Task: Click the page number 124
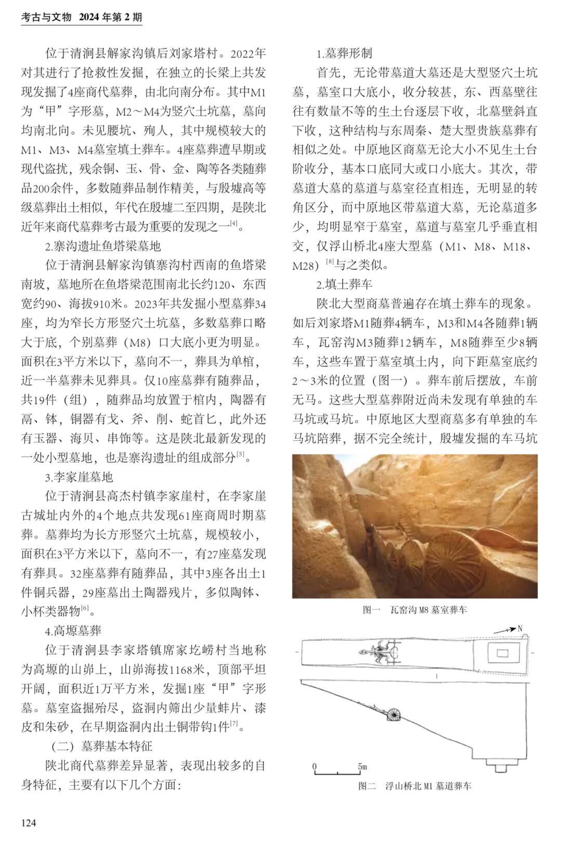[x=29, y=822]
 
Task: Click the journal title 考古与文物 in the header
[x=46, y=18]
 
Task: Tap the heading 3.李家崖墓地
[x=78, y=477]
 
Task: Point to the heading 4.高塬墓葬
[x=73, y=631]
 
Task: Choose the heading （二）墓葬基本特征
[x=101, y=746]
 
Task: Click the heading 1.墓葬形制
[x=344, y=54]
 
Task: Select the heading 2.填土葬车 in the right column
[x=344, y=284]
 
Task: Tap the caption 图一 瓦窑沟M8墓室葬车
[x=415, y=610]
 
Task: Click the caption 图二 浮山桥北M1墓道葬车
[x=415, y=786]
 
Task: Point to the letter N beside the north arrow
[x=519, y=628]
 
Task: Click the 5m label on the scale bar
[x=362, y=766]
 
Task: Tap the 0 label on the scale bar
[x=314, y=766]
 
